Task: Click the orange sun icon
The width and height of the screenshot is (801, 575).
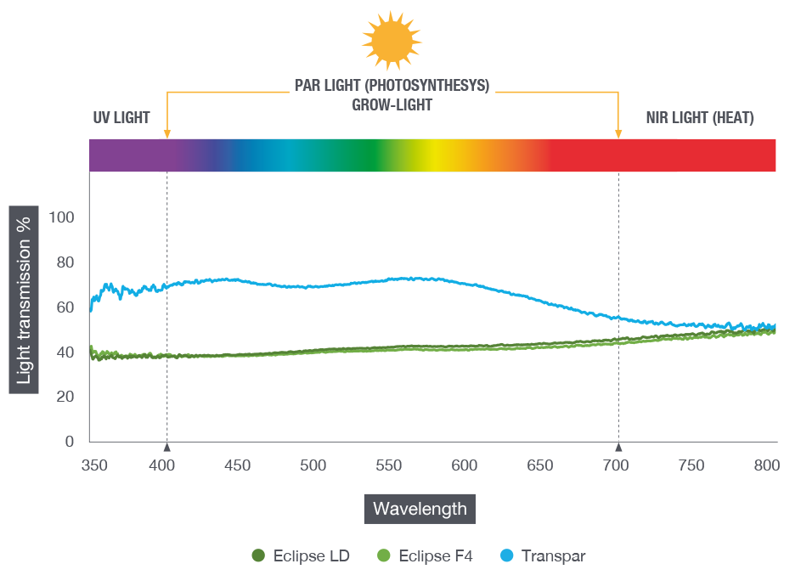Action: pyautogui.click(x=392, y=40)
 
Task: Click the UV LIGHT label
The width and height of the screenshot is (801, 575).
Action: pyautogui.click(x=121, y=118)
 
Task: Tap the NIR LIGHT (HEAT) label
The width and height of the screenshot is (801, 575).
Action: pyautogui.click(x=699, y=118)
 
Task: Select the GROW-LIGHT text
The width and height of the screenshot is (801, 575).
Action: pyautogui.click(x=392, y=104)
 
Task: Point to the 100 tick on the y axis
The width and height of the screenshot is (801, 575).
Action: pyautogui.click(x=64, y=217)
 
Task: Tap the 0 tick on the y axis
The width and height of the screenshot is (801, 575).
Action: pyautogui.click(x=71, y=442)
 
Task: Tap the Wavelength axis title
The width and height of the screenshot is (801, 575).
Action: pyautogui.click(x=420, y=509)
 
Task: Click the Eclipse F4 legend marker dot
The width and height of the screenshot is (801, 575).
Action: pyautogui.click(x=382, y=556)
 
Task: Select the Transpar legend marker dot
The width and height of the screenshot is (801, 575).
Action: pyautogui.click(x=507, y=556)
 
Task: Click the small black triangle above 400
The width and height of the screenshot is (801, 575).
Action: pyautogui.click(x=167, y=447)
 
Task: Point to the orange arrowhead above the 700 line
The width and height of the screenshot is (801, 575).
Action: pyautogui.click(x=618, y=132)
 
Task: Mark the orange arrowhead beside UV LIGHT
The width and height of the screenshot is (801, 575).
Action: pyautogui.click(x=167, y=132)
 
